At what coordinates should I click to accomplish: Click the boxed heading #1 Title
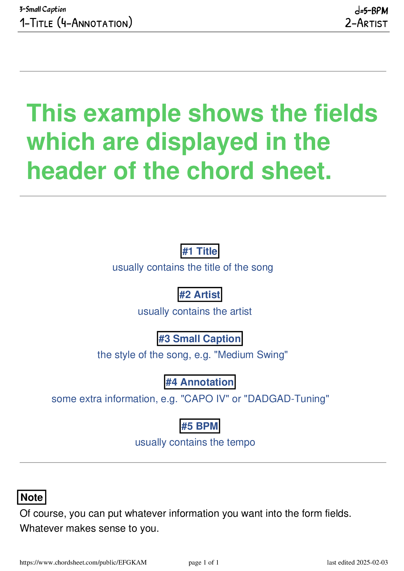coord(200,251)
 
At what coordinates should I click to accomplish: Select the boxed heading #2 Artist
coord(200,294)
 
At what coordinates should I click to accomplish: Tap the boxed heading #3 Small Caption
coord(200,338)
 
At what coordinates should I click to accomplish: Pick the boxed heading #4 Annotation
coord(200,382)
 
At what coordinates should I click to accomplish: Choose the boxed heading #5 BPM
coord(200,426)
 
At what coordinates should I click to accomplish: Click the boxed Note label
coord(32,497)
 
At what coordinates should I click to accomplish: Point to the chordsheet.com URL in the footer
coord(83,562)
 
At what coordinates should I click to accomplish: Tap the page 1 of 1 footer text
coord(204,562)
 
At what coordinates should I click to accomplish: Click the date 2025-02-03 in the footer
coord(372,562)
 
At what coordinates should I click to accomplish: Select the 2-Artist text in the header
coord(366,23)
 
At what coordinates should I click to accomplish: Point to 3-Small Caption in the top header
coord(43,9)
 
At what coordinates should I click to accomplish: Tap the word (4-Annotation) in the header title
coord(95,22)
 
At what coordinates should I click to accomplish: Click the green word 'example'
coord(132,114)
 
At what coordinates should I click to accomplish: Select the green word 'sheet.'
coord(296,171)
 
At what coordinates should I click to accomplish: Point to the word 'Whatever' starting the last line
coord(41,528)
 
